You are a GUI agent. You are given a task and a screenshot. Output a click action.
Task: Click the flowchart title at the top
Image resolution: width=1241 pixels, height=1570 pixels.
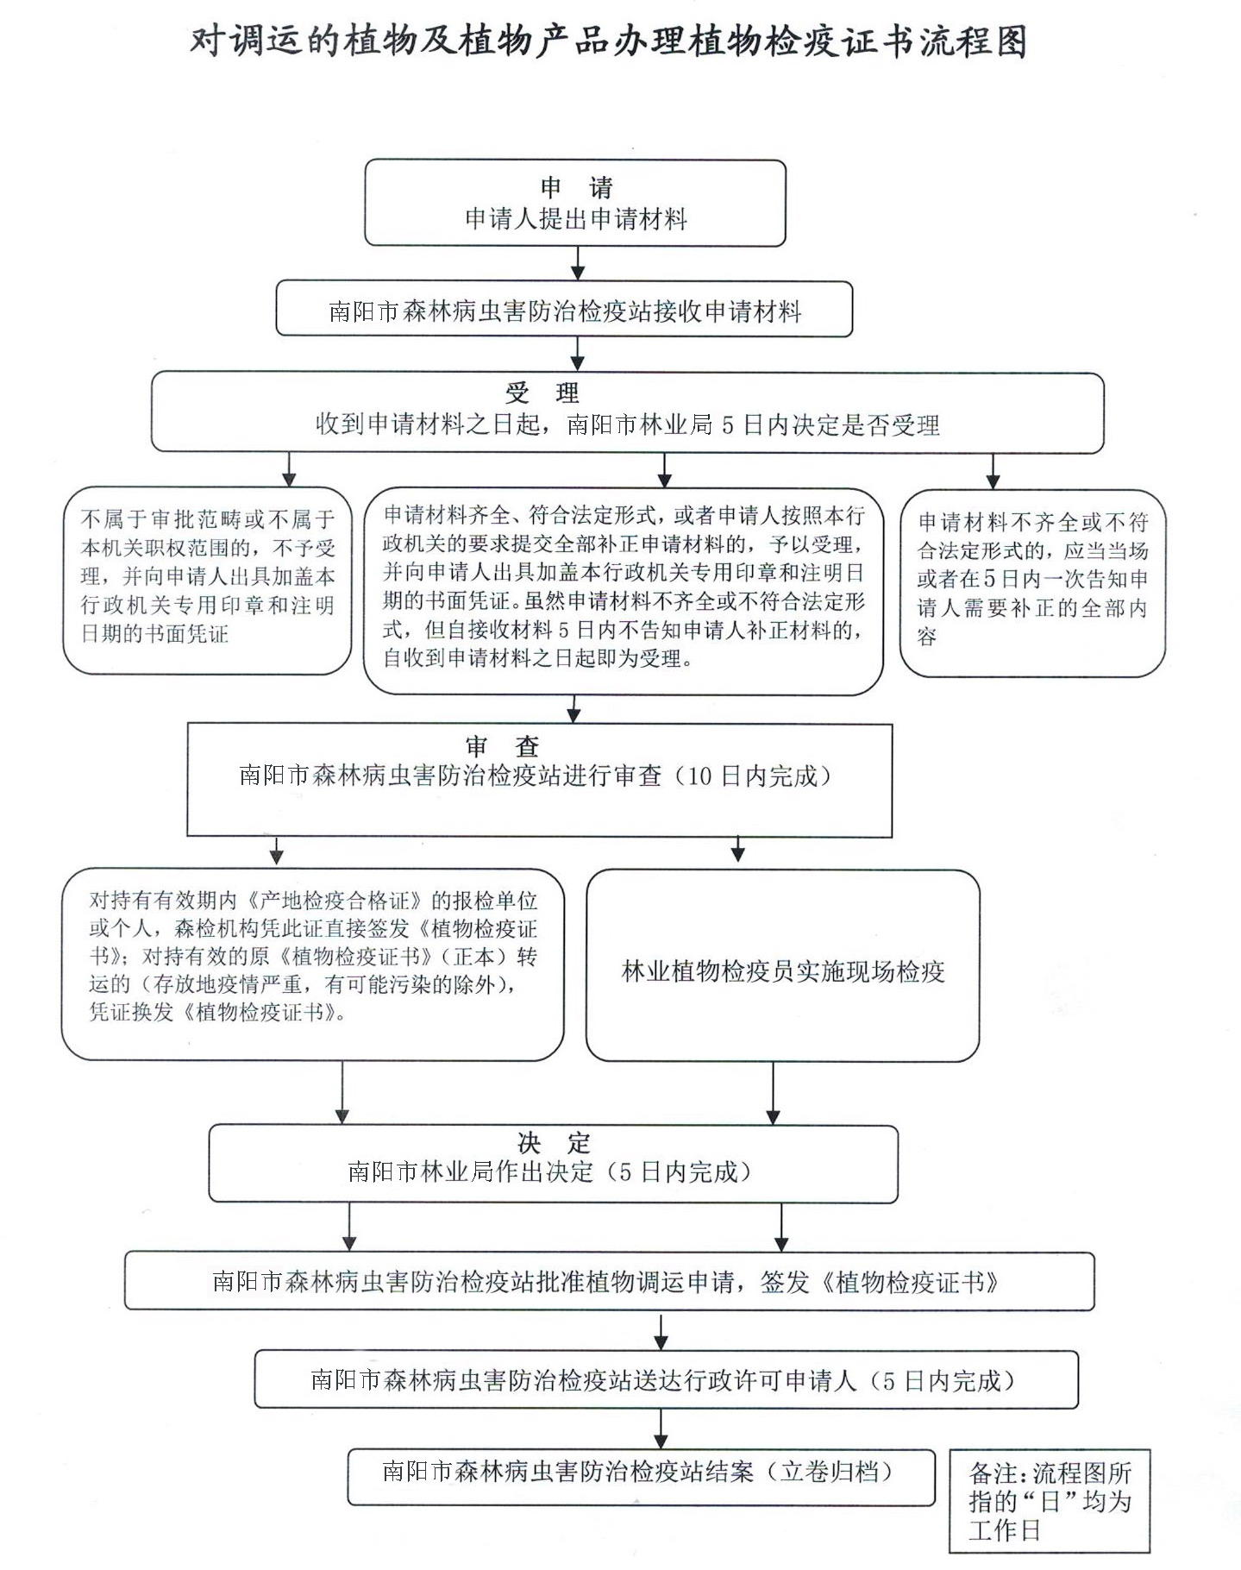pyautogui.click(x=608, y=41)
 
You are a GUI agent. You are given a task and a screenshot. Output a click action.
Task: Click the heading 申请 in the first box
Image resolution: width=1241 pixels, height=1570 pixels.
pyautogui.click(x=576, y=187)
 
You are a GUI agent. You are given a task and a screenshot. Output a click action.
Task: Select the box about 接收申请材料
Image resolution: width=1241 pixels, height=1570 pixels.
pyautogui.click(x=564, y=310)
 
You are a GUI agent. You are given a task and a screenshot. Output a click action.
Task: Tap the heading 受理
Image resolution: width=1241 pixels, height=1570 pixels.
pyautogui.click(x=542, y=393)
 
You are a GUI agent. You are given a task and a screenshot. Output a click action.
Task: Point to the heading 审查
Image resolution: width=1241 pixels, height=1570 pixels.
pyautogui.click(x=502, y=747)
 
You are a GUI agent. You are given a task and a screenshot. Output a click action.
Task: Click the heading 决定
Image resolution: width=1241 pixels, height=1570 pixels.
pyautogui.click(x=554, y=1144)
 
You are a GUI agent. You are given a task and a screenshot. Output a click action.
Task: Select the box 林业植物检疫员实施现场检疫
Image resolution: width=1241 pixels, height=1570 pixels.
pyautogui.click(x=782, y=971)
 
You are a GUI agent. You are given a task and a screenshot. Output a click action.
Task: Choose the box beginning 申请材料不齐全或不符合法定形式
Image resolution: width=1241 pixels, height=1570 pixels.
pyautogui.click(x=1031, y=580)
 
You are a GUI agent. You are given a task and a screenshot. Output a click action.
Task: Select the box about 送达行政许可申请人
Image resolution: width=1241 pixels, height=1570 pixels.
pyautogui.click(x=665, y=1380)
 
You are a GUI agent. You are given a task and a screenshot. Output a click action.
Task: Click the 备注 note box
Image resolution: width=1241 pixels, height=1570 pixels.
pyautogui.click(x=1049, y=1501)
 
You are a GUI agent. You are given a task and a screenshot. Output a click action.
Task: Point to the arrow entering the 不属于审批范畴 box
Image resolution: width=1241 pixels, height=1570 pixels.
pyautogui.click(x=289, y=470)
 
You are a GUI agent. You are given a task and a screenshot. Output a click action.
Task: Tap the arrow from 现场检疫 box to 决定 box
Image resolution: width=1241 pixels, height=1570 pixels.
pyautogui.click(x=773, y=1093)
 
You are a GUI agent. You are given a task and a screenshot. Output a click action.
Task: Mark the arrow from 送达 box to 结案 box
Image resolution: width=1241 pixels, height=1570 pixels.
pyautogui.click(x=661, y=1429)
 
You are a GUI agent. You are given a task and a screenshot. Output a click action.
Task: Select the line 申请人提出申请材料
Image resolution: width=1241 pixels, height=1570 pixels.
pyautogui.click(x=576, y=219)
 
